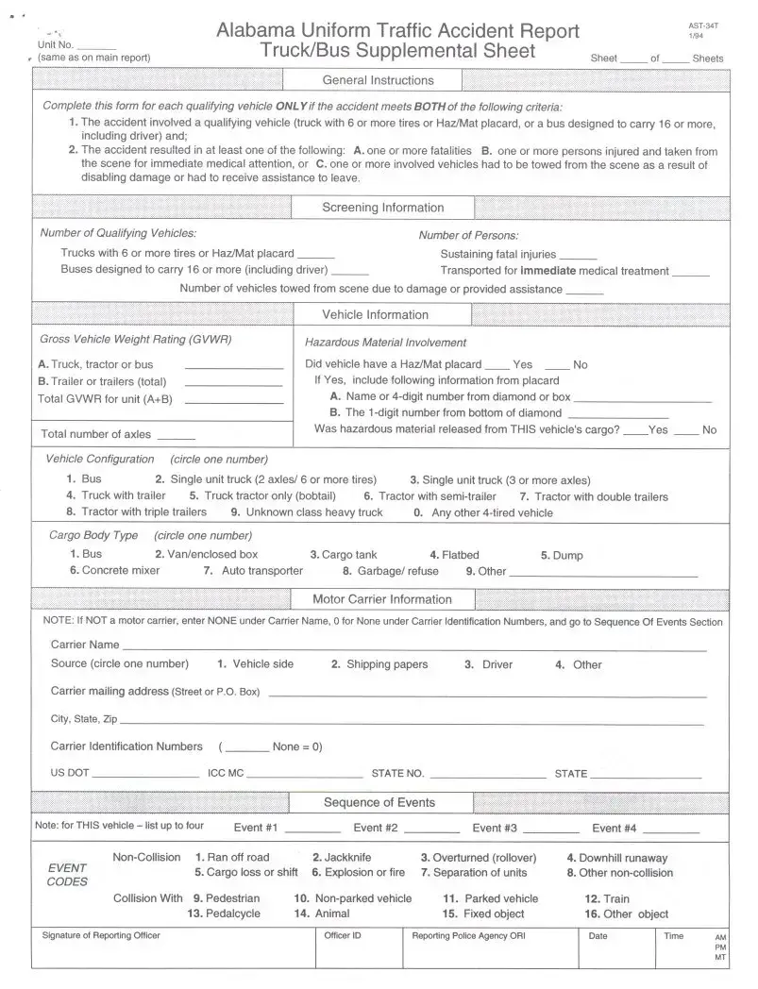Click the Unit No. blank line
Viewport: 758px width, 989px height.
tap(96, 47)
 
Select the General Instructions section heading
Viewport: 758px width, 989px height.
tap(378, 81)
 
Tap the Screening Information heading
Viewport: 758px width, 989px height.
tap(382, 209)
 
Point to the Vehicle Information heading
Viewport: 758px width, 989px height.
tap(375, 315)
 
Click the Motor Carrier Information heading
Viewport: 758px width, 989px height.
tap(381, 599)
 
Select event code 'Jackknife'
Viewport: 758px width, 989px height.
tap(342, 858)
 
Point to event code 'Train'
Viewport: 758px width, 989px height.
tap(607, 899)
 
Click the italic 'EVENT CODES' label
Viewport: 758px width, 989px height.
tap(67, 875)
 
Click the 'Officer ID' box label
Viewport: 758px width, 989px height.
tap(343, 936)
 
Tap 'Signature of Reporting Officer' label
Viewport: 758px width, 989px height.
tap(101, 936)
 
